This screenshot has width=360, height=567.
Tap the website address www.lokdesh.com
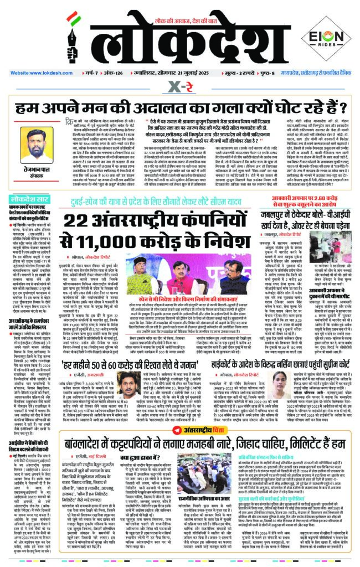[x=36, y=73]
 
